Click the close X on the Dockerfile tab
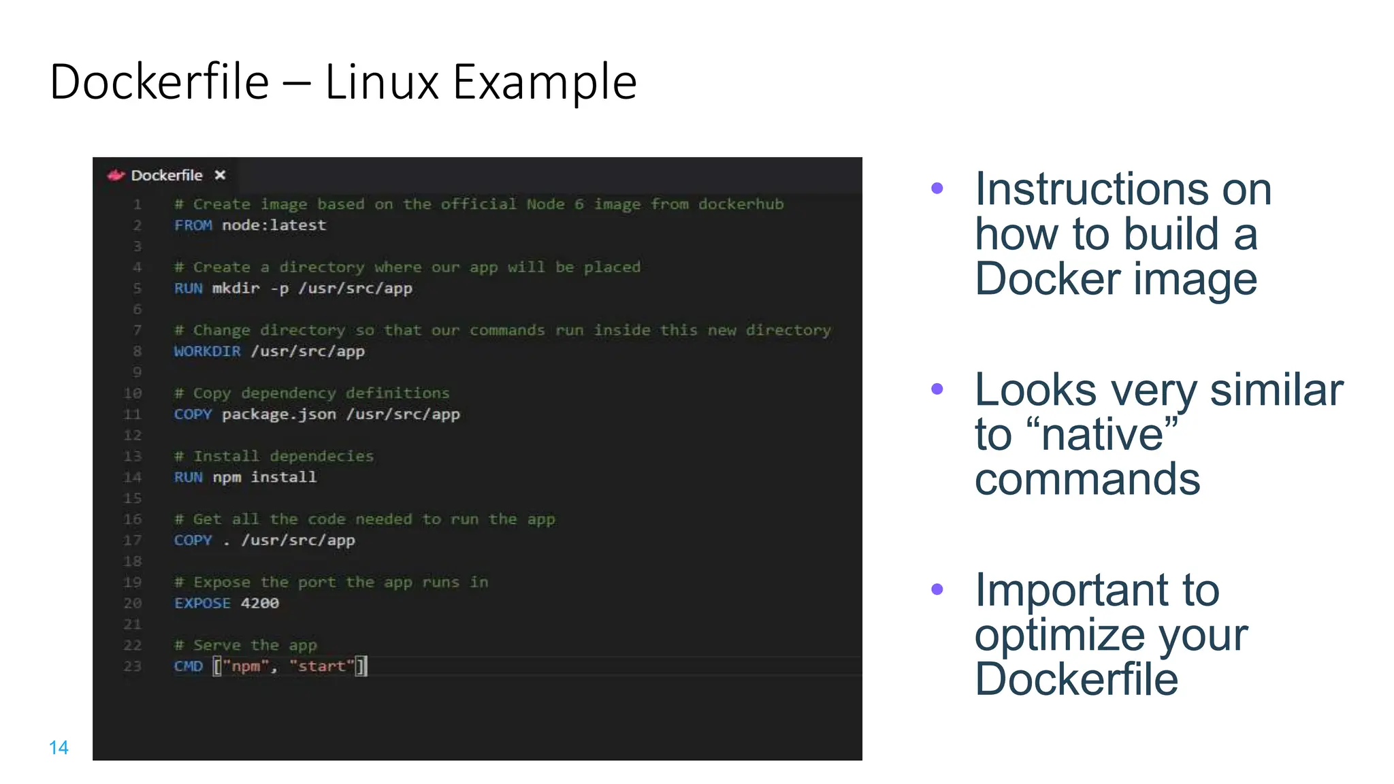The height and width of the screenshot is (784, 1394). [x=220, y=176]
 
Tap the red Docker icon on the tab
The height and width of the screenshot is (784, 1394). [x=116, y=176]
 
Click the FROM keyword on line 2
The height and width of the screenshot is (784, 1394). [x=193, y=225]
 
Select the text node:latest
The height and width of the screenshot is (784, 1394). [x=274, y=225]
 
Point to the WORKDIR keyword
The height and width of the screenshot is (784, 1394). [x=207, y=351]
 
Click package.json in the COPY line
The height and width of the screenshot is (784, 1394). [x=278, y=414]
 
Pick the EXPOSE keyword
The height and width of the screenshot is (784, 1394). [x=202, y=603]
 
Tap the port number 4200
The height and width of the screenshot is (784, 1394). [x=259, y=603]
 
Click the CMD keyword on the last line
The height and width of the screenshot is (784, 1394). [x=188, y=666]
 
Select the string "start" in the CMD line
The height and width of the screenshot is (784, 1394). [x=322, y=666]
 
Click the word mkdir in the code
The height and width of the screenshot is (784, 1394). [x=236, y=289]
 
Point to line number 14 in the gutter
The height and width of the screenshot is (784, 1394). [x=133, y=477]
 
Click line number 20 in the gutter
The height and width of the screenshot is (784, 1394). [x=133, y=603]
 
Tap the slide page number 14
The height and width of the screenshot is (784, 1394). [x=59, y=748]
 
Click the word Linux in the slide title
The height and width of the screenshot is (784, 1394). [x=381, y=82]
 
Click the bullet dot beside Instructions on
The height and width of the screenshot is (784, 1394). [x=937, y=189]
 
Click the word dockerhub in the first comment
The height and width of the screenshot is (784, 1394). [x=741, y=204]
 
